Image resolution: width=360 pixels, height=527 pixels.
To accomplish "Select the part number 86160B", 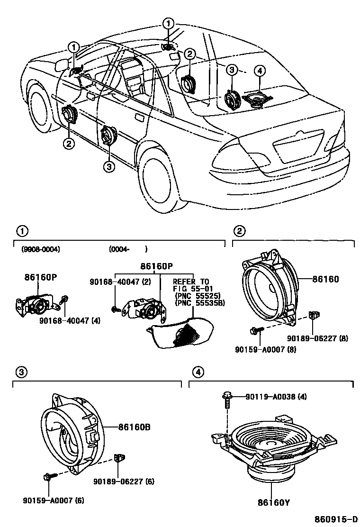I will (x=134, y=427).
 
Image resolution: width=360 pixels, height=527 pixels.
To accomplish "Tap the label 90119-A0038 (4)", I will (x=276, y=397).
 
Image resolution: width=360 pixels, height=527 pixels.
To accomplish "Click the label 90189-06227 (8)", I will (x=318, y=338).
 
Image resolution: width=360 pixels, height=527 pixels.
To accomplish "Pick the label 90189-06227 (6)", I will (x=124, y=482).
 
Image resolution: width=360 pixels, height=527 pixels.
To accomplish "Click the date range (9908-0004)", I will (x=41, y=249).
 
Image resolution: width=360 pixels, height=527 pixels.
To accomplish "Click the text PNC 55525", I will (x=194, y=294).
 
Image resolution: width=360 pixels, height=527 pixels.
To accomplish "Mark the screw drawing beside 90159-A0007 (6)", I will (x=49, y=477).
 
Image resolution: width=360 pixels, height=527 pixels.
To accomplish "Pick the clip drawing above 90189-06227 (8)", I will (x=313, y=315).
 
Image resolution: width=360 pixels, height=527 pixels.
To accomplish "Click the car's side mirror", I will (x=61, y=65).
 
